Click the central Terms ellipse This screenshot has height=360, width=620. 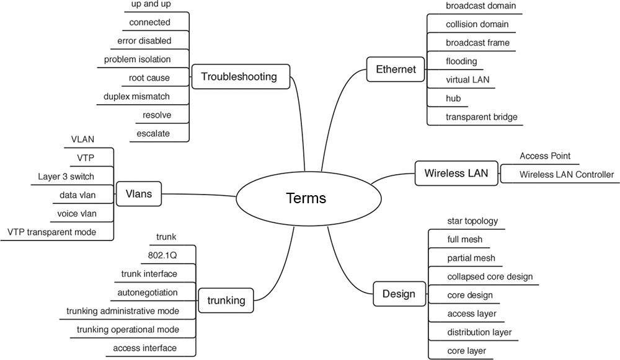pos(306,198)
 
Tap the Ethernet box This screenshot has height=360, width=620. pos(396,69)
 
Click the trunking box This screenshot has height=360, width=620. pos(226,301)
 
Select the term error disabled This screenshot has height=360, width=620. pos(144,41)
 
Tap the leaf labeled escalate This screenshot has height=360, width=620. pos(154,133)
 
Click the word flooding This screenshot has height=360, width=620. pos(461,61)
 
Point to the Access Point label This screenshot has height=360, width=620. pos(544,156)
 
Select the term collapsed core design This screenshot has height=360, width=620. pos(489,276)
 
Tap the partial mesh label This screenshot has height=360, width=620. pos(471,258)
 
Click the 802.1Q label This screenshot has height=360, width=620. pos(159,255)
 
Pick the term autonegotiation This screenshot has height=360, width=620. pos(147,292)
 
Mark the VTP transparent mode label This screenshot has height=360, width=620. pos(51,232)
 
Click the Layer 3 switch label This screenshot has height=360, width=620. pos(66,177)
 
